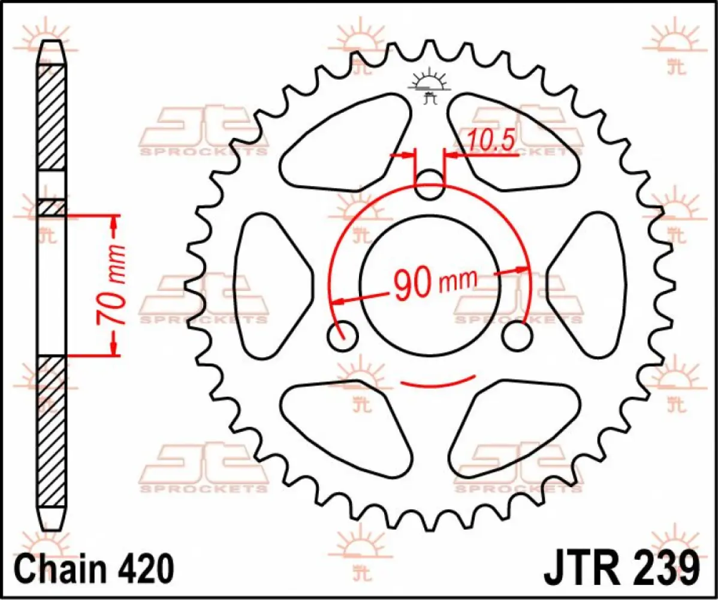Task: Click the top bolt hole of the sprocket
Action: (430, 185)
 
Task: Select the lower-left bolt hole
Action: (343, 336)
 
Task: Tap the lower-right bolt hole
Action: (517, 336)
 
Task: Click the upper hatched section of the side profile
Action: (52, 117)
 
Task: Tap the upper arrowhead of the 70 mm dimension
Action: (114, 223)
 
